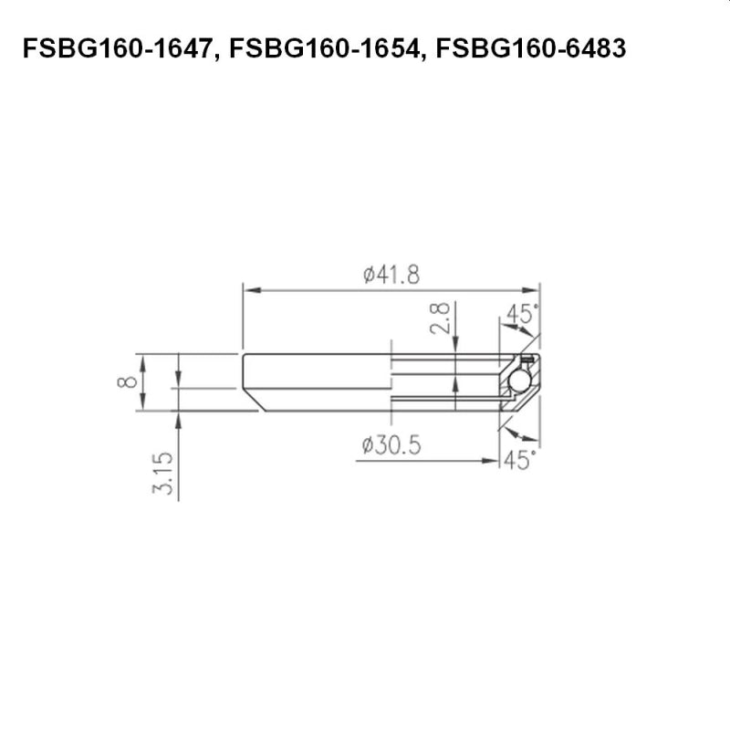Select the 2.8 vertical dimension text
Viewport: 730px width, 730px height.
point(441,320)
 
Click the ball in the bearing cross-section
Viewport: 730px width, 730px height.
point(520,381)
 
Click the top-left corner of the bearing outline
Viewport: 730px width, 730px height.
point(244,354)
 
